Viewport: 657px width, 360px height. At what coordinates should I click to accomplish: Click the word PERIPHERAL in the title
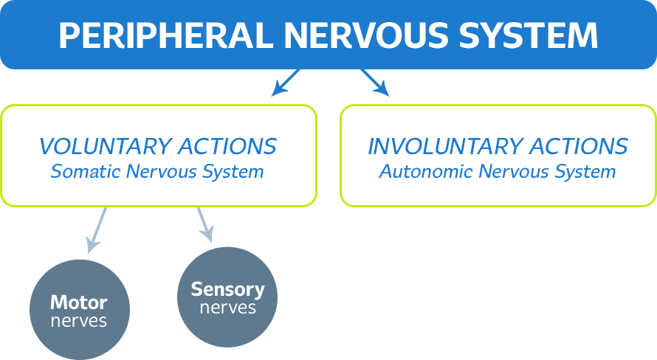click(x=165, y=35)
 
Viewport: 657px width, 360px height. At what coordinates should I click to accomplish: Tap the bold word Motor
click(x=78, y=302)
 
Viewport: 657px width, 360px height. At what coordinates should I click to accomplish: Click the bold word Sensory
click(x=227, y=289)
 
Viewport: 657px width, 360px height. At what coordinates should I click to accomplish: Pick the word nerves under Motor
click(x=78, y=321)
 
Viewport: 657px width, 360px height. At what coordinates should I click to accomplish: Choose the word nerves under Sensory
click(x=227, y=308)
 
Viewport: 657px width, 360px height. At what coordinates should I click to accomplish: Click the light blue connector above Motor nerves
click(x=96, y=232)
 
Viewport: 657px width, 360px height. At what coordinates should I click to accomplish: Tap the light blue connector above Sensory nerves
click(x=203, y=226)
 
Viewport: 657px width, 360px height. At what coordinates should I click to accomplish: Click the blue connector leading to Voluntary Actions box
click(x=289, y=84)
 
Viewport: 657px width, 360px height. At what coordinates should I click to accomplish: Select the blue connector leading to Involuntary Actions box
click(x=370, y=84)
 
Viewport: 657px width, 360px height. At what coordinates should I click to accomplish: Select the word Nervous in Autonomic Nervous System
click(x=512, y=172)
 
